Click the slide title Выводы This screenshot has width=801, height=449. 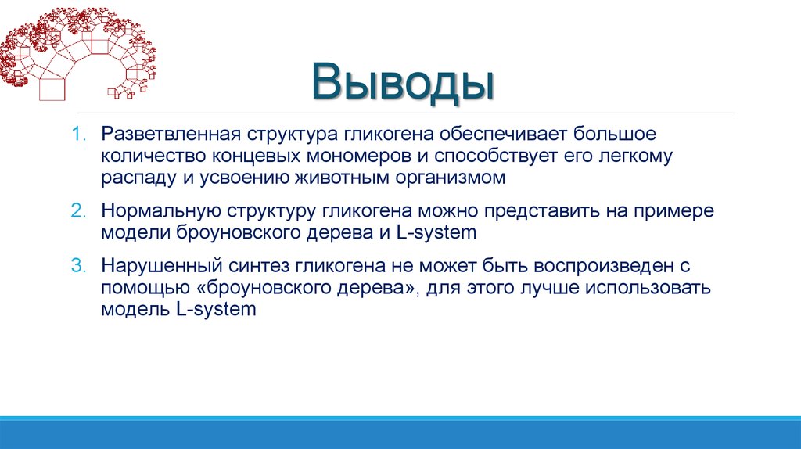pos(403,84)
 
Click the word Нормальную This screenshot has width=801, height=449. pos(160,211)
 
